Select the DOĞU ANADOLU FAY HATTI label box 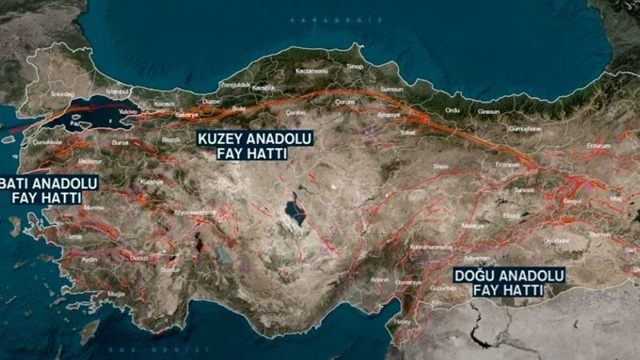(x=508, y=282)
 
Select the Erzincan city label (x=507, y=163)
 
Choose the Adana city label (x=380, y=279)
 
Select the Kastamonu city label (x=308, y=71)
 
